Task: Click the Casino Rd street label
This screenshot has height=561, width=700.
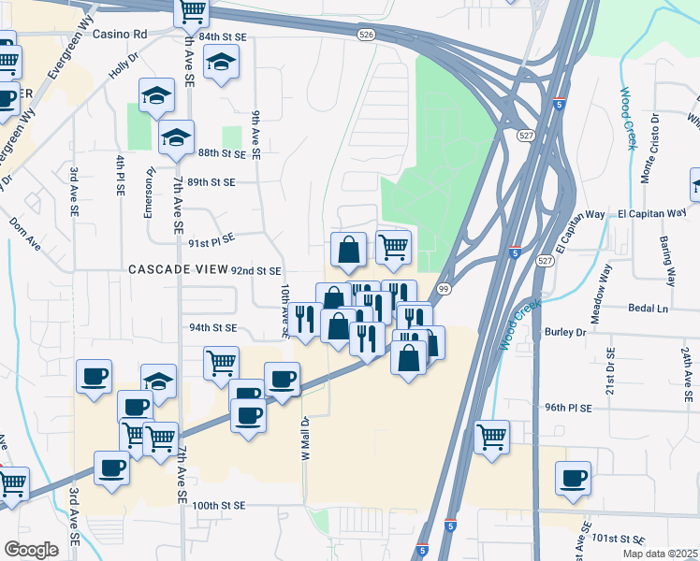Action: coord(121,34)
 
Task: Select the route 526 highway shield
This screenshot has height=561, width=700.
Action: coord(367,34)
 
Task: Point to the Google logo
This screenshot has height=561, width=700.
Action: coord(31,549)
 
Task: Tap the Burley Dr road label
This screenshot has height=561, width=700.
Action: coord(567,332)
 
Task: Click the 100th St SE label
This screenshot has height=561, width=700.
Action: coord(218,505)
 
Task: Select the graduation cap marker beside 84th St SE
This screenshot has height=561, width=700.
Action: coord(221,64)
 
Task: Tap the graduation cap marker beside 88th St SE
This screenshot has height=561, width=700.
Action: coord(175,138)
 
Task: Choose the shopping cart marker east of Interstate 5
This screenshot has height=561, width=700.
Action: coord(491,436)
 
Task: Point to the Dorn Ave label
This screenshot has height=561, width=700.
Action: coord(25,235)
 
